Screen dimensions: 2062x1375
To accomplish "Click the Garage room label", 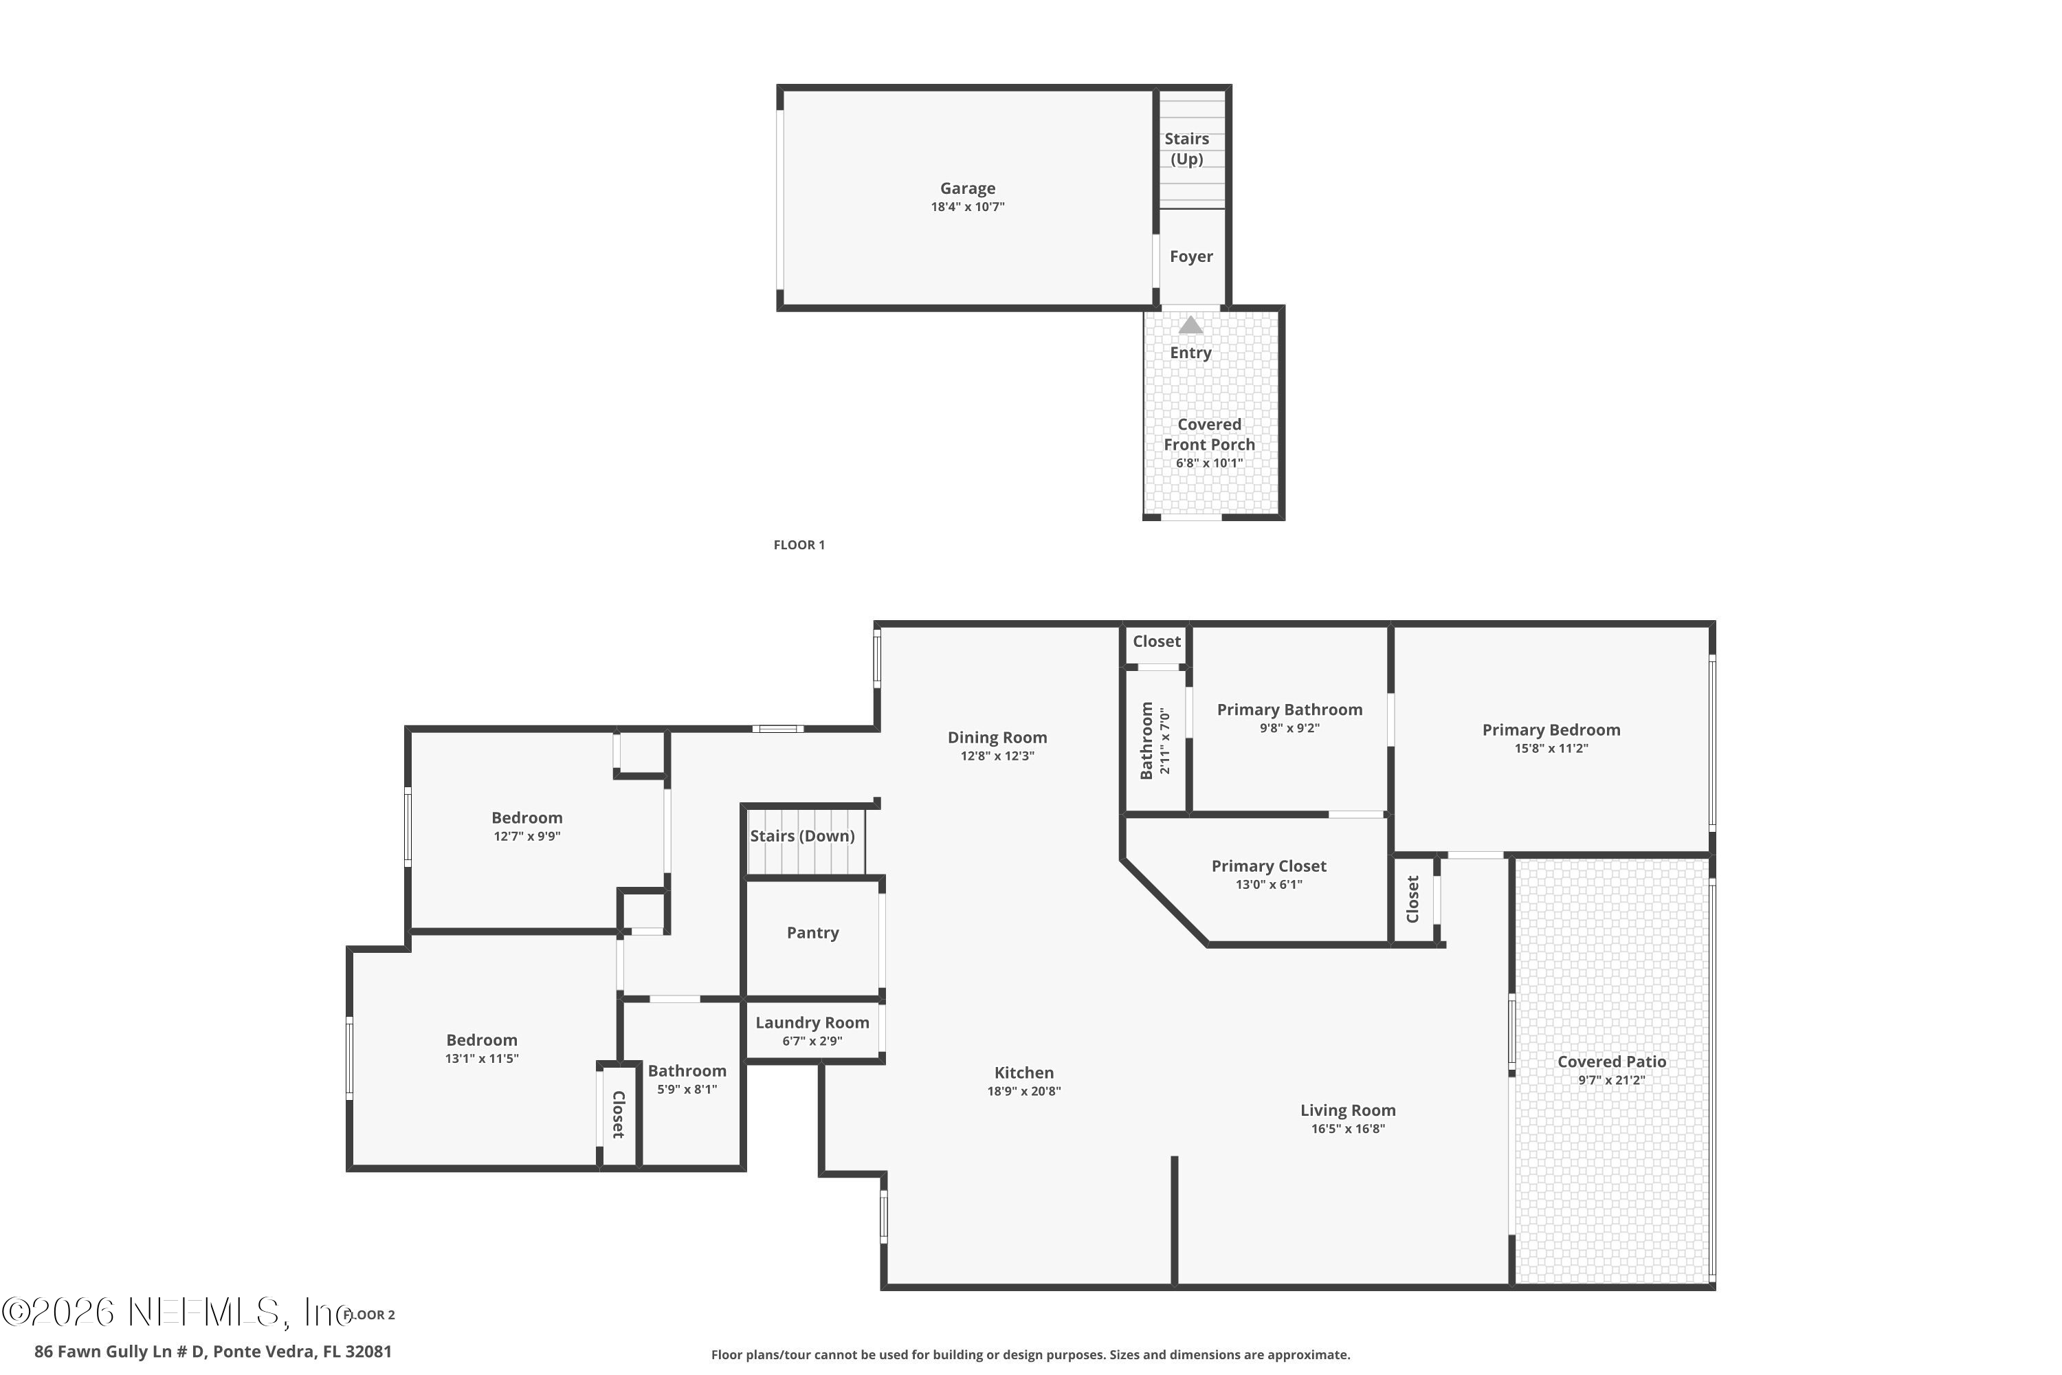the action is pyautogui.click(x=967, y=188).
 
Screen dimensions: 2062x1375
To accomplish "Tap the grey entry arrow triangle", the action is pyautogui.click(x=1190, y=325).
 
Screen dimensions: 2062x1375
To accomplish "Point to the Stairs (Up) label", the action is pyautogui.click(x=1186, y=149).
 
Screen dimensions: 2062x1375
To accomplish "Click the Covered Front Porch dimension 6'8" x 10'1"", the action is pyautogui.click(x=1209, y=463).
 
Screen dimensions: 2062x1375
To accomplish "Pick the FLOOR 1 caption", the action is pyautogui.click(x=799, y=544).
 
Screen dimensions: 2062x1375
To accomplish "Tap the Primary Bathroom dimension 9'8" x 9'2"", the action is pyautogui.click(x=1289, y=728).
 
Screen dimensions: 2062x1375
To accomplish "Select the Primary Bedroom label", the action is pyautogui.click(x=1551, y=729).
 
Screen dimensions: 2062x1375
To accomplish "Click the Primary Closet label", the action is pyautogui.click(x=1269, y=866).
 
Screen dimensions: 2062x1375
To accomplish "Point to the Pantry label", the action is pyautogui.click(x=812, y=933).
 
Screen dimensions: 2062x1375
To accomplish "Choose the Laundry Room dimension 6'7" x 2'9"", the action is pyautogui.click(x=812, y=1041).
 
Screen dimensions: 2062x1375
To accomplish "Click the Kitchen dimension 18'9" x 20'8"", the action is pyautogui.click(x=1024, y=1091).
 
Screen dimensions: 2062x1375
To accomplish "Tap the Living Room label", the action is pyautogui.click(x=1347, y=1110).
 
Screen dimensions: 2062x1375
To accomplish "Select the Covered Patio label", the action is pyautogui.click(x=1611, y=1061).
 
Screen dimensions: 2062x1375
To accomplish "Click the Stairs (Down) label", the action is pyautogui.click(x=802, y=836).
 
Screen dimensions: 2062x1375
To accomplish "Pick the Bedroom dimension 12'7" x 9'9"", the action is pyautogui.click(x=527, y=837).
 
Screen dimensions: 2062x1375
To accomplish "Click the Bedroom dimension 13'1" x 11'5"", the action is pyautogui.click(x=481, y=1059).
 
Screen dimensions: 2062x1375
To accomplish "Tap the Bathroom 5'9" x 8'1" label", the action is pyautogui.click(x=687, y=1079).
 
